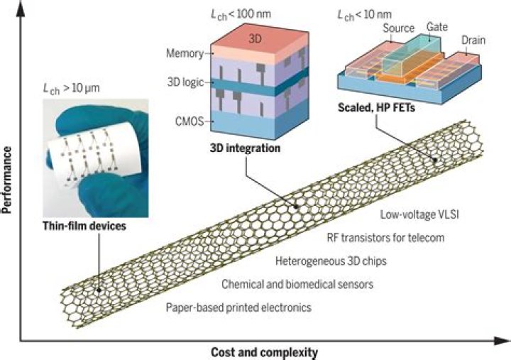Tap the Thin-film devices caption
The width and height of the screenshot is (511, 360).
pos(85,228)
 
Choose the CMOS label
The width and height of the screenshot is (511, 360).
pos(187,121)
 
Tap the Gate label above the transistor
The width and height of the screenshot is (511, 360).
pos(437,26)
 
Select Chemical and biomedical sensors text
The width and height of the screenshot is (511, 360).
pos(297,284)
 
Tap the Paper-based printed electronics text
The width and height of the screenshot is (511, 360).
pos(238,307)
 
